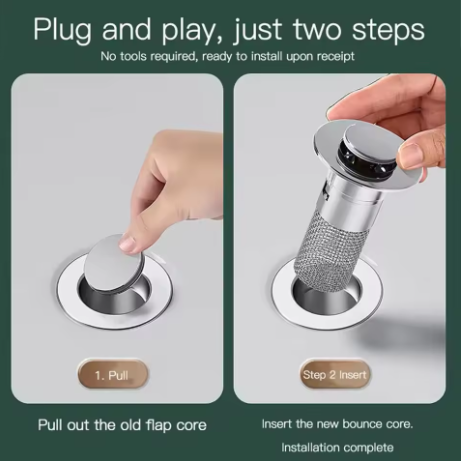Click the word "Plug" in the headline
(62, 30)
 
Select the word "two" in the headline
(320, 29)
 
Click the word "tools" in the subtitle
(133, 56)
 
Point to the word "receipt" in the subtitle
(336, 57)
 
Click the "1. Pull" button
(112, 375)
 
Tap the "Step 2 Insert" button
(335, 375)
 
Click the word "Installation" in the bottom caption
(308, 447)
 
